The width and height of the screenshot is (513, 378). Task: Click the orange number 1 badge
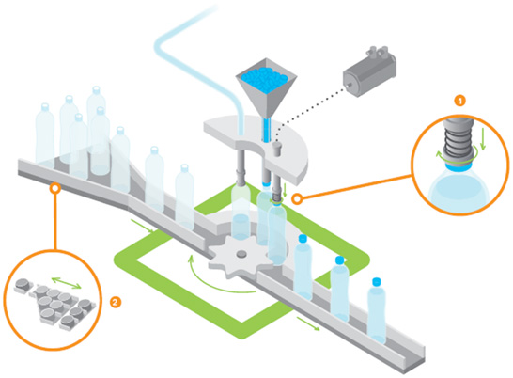[x=459, y=101]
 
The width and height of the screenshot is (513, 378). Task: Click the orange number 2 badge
[x=115, y=302]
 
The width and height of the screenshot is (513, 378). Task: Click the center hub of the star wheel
[x=241, y=254]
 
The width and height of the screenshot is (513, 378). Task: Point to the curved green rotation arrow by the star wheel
[x=210, y=282]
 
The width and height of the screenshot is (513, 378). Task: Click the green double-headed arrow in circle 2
[x=67, y=283]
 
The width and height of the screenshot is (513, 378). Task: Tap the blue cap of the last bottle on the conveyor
[x=377, y=281]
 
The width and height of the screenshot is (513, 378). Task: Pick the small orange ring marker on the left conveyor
[x=54, y=188]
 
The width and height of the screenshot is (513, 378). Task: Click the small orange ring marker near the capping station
[x=297, y=198]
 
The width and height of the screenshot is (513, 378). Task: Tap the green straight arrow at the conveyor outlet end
[x=308, y=323]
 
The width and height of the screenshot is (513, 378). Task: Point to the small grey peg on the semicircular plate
[x=277, y=149]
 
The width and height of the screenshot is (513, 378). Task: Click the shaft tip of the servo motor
[x=346, y=87]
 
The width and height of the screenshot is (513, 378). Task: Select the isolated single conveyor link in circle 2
[x=23, y=286]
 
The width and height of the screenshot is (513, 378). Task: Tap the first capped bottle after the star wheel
[x=303, y=266]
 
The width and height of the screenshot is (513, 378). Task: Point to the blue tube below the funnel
[x=266, y=130]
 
